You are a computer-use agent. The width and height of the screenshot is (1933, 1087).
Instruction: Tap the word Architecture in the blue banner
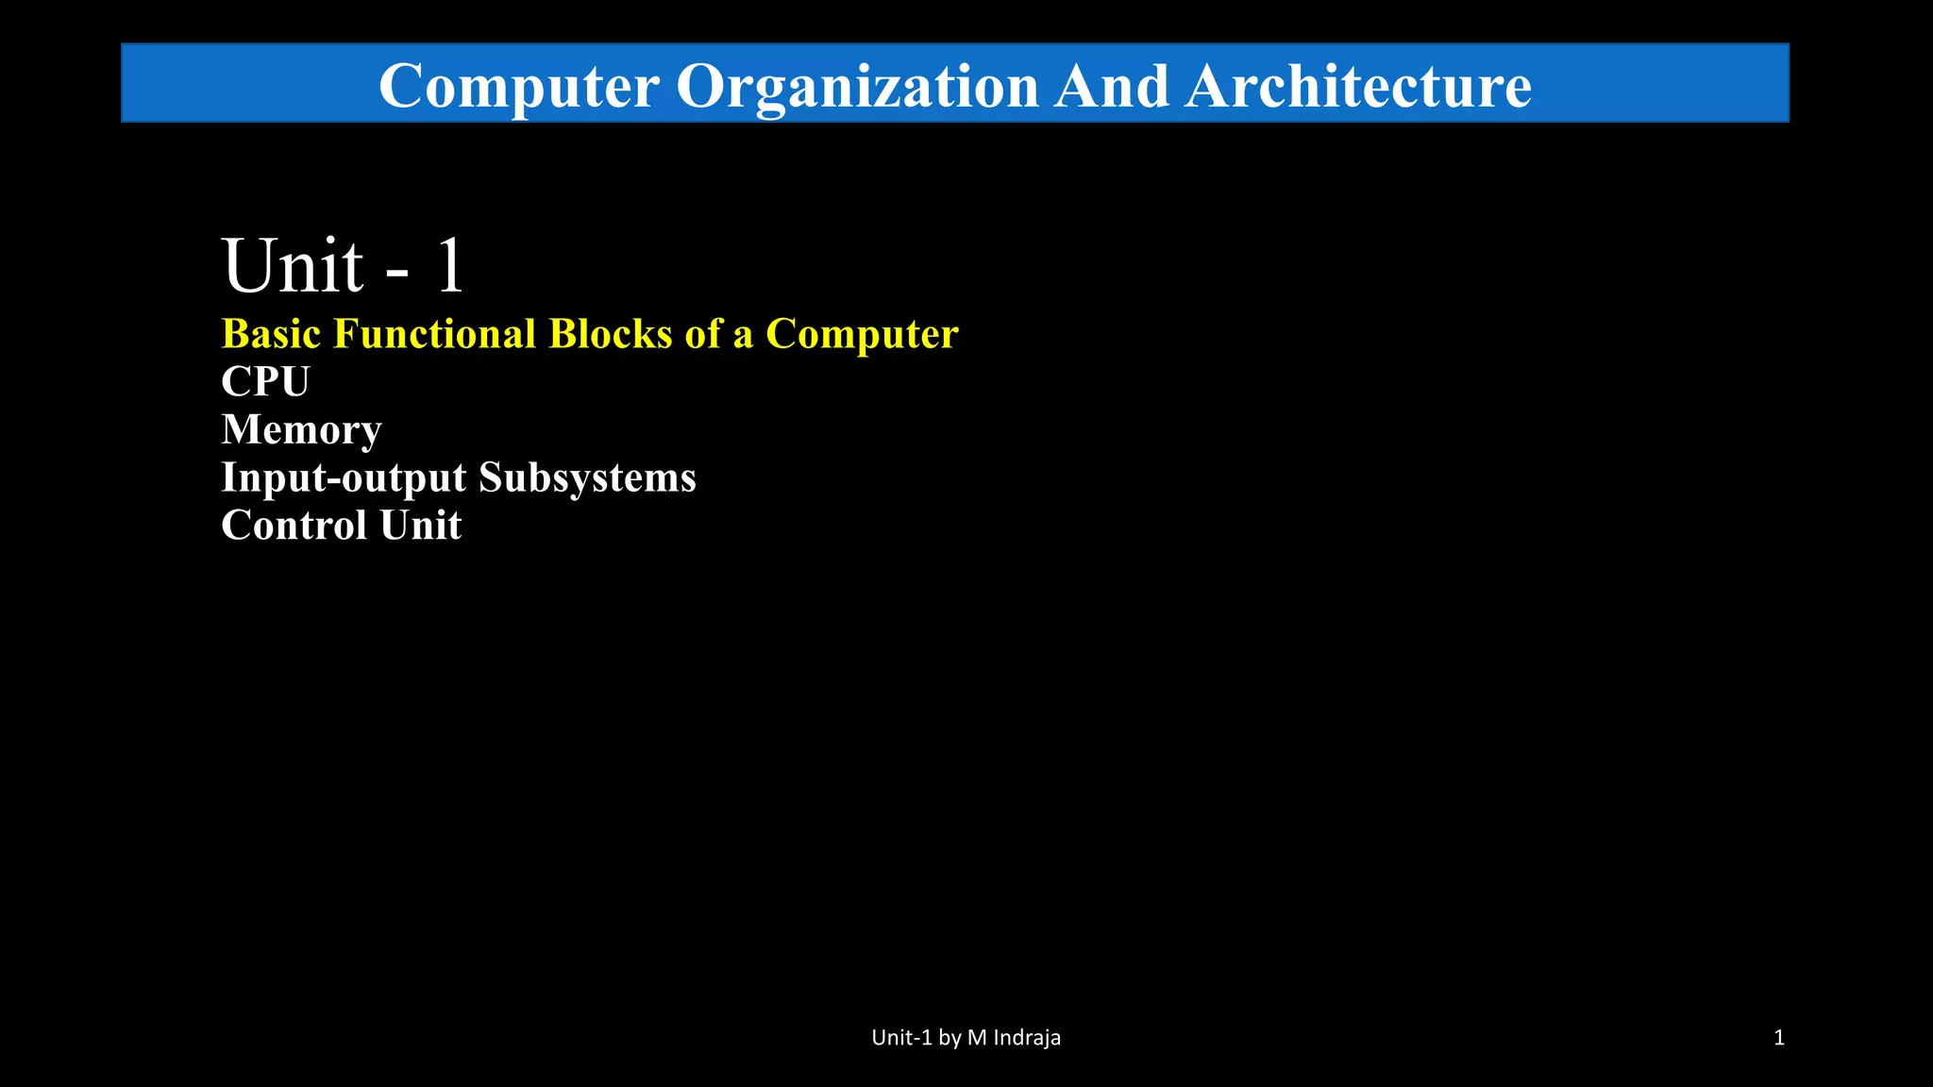pos(1358,87)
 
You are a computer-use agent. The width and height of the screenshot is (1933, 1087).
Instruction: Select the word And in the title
pos(1112,87)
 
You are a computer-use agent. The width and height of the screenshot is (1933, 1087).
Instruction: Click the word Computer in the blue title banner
pos(518,87)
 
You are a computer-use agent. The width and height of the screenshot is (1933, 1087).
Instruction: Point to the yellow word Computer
pos(862,334)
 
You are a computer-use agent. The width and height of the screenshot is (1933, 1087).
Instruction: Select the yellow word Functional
pos(434,334)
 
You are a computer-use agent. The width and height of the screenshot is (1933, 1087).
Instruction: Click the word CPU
pos(265,382)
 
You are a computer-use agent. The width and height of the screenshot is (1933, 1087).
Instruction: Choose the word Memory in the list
pos(301,430)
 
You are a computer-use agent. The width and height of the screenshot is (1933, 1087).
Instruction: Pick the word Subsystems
pos(587,478)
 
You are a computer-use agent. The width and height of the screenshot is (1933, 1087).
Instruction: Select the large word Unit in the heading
pos(293,266)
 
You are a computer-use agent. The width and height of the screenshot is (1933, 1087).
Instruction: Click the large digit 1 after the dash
pos(449,266)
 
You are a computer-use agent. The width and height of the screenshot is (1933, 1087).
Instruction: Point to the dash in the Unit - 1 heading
pos(397,274)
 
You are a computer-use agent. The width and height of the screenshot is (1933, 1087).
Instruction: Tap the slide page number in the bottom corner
pos(1779,1038)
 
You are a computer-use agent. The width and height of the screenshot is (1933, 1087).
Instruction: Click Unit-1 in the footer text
pos(901,1038)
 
